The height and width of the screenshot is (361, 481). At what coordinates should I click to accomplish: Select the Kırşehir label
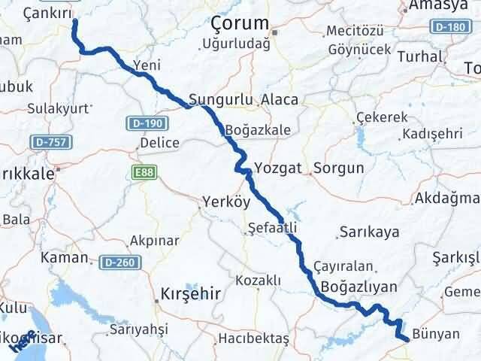pos(191,294)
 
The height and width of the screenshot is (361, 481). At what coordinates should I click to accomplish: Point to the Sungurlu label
pos(218,99)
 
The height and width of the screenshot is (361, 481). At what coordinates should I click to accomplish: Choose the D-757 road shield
pos(47,141)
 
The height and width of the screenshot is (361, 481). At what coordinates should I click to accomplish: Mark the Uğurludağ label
pos(236,44)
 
